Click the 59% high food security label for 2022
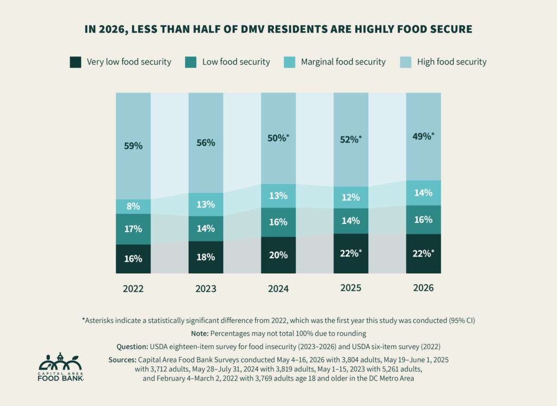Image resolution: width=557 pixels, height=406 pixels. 133,146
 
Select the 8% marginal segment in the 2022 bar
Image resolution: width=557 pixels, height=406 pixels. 133,207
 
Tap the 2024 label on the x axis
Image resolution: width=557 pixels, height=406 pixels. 278,289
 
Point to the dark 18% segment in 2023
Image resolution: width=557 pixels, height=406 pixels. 206,257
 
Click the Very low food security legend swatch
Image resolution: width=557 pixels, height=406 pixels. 75,62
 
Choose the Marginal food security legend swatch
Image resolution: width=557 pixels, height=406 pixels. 289,62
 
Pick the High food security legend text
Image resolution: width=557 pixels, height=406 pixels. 452,62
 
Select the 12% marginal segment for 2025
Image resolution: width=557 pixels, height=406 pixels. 351,197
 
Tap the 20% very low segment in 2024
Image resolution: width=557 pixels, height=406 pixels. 278,255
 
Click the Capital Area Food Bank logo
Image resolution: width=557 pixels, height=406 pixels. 61,367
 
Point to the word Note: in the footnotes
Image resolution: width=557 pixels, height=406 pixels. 200,334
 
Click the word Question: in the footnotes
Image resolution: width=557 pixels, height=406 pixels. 132,347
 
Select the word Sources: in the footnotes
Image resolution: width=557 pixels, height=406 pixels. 122,360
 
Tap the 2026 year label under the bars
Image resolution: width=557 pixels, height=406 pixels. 423,288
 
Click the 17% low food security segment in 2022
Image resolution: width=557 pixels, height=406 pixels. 133,229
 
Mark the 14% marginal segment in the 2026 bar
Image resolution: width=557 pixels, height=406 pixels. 423,193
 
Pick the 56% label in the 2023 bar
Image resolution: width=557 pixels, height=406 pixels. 206,142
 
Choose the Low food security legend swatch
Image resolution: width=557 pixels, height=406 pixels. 191,62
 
